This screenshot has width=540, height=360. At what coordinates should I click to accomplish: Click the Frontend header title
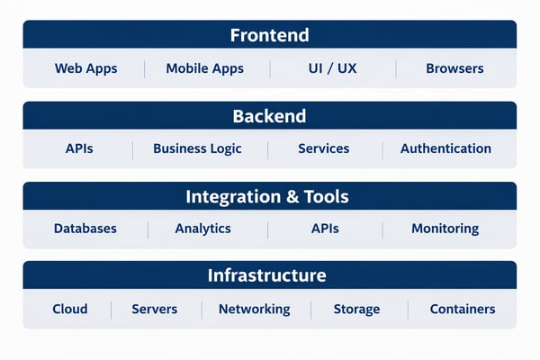pos(269,35)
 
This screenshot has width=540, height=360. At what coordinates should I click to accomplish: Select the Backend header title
pos(269,116)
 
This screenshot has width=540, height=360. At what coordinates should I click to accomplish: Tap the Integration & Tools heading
pos(266,196)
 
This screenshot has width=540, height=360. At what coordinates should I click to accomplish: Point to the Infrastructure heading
pos(266,275)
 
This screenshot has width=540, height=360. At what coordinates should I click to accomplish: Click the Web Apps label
pos(85,68)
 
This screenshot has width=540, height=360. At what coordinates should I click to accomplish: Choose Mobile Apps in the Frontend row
pos(205,68)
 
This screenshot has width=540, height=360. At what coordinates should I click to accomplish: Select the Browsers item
pos(454,68)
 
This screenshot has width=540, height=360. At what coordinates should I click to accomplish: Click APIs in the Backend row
pos(79,148)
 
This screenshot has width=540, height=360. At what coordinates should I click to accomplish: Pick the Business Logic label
pos(197,148)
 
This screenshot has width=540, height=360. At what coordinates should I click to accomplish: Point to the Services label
pos(323,148)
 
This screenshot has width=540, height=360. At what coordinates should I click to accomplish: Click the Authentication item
pos(445,148)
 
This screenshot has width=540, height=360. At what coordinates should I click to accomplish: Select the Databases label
pos(85,229)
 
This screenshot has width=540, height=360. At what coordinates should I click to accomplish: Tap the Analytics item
pos(202,229)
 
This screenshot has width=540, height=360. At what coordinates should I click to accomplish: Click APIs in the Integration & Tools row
pos(325,229)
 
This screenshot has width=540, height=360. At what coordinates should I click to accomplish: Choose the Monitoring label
pos(445,229)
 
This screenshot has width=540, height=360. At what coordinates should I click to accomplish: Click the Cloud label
pos(70,309)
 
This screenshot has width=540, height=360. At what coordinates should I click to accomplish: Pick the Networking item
pos(254,309)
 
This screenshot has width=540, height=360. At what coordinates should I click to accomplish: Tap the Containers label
pos(462,309)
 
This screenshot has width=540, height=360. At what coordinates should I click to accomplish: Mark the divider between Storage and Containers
pos(408,310)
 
